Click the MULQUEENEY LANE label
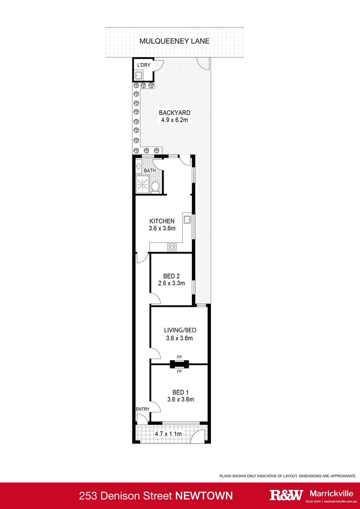[x=174, y=41]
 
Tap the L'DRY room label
[x=143, y=65]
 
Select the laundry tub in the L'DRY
[x=139, y=74]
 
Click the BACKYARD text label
[x=174, y=113]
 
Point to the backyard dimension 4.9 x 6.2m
[x=174, y=120]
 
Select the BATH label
[x=150, y=171]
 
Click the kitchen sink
[x=188, y=219]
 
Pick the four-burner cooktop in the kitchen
[x=172, y=246]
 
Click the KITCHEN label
[x=162, y=221]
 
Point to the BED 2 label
[x=172, y=276]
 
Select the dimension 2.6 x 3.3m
[x=172, y=284]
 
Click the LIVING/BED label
[x=179, y=330]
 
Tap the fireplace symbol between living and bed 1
[x=179, y=364]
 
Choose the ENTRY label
[x=142, y=409]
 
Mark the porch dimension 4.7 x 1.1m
[x=168, y=433]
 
